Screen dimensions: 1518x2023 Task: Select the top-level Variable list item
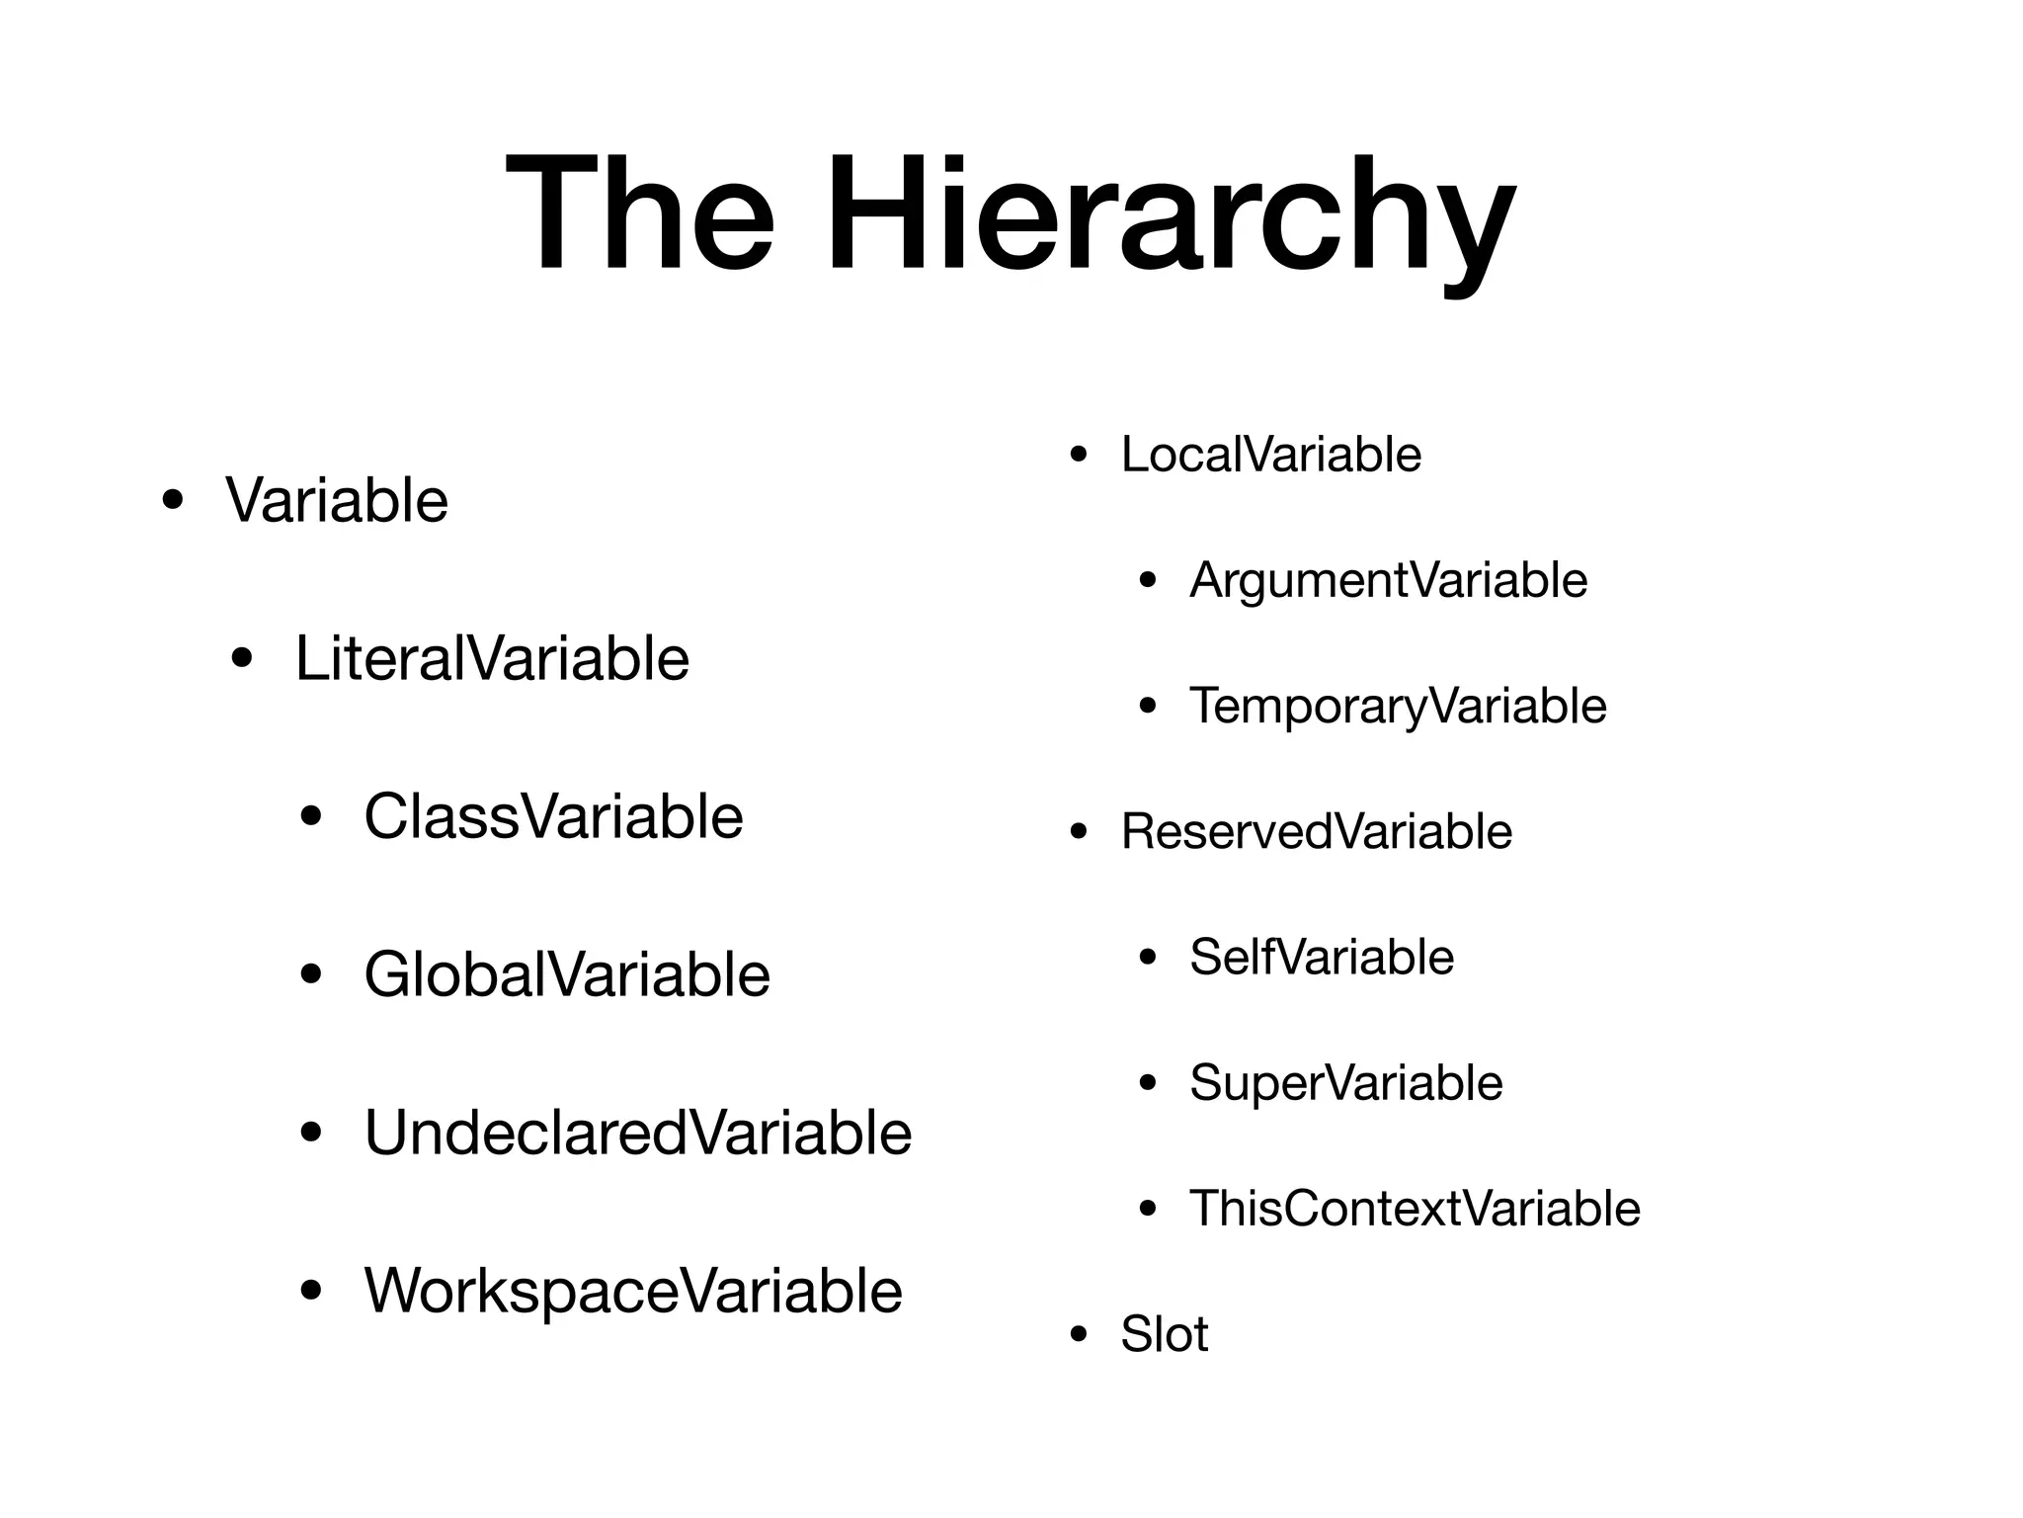[337, 500]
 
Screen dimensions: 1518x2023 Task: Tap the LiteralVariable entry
[492, 658]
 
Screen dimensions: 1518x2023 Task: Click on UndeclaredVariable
[638, 1133]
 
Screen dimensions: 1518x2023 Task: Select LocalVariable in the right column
[1271, 455]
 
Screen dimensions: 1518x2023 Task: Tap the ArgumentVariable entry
[1388, 580]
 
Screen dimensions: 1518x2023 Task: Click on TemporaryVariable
[1398, 706]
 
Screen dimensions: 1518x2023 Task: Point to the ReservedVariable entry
[1316, 831]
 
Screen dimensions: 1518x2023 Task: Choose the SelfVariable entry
[1322, 957]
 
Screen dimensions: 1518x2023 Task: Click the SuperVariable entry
[1345, 1082]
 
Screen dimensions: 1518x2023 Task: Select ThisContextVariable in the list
[1415, 1208]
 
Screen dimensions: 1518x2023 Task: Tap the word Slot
[1164, 1334]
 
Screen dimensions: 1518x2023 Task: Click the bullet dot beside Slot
[1079, 1336]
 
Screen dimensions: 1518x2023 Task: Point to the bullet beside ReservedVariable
[1079, 833]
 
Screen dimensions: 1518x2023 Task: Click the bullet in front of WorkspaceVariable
[312, 1292]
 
